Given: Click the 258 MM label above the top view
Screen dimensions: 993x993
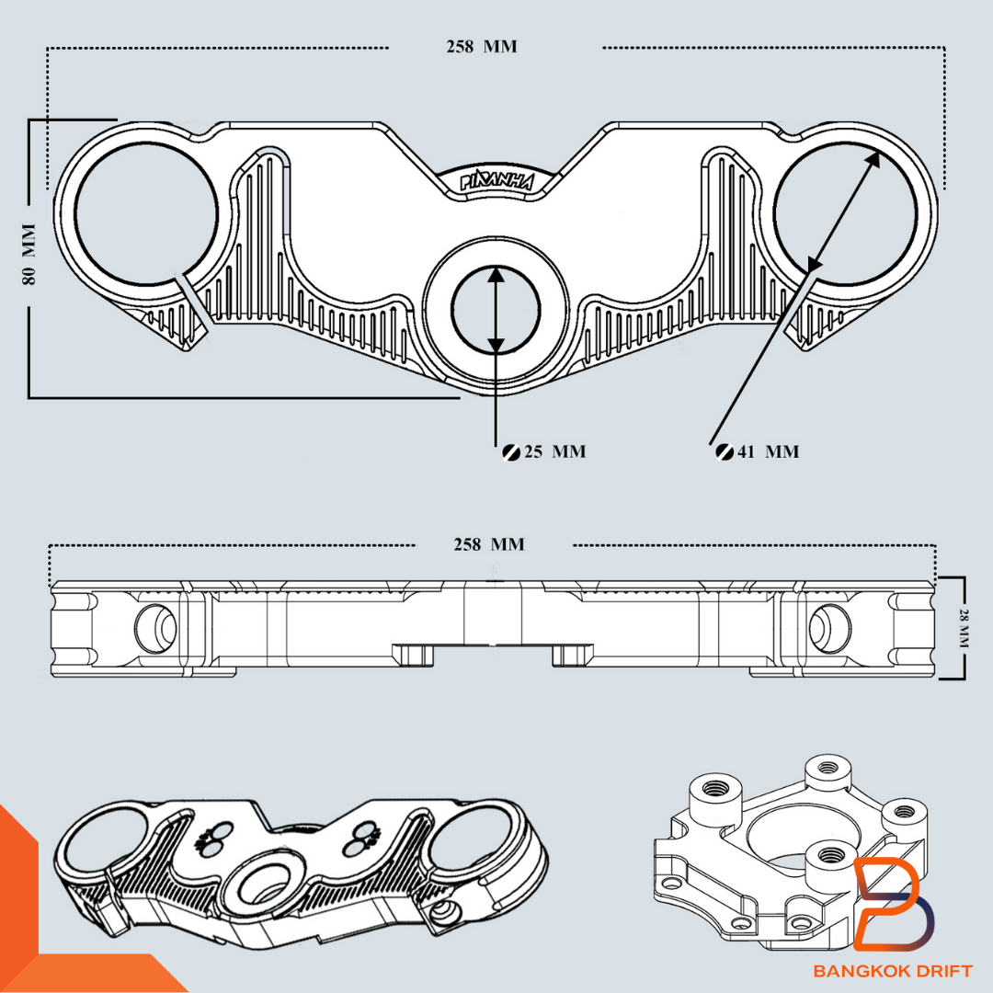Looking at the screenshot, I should [481, 47].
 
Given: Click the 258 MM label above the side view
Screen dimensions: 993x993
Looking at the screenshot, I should [488, 545].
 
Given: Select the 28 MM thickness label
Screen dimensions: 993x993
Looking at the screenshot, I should [963, 628].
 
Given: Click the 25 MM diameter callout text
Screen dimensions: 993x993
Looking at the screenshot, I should [554, 451].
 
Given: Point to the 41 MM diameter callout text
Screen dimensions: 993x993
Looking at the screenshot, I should [768, 451].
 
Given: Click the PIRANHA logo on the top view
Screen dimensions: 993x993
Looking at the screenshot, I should [496, 180].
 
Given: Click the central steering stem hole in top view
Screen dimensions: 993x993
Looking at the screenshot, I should [496, 310].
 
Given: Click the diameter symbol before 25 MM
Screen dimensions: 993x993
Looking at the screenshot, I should [511, 451].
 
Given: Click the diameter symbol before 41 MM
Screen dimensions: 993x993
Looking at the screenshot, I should [724, 451].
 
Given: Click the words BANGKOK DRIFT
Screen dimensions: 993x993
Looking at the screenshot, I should [892, 971].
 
